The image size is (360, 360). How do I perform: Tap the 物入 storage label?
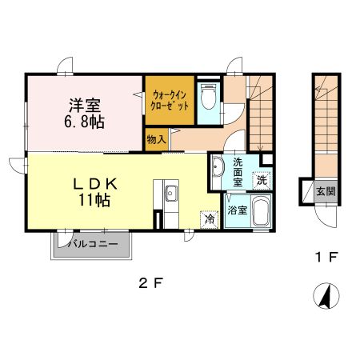pos(156,139)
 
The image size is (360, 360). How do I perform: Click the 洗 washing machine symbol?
pos(262,182)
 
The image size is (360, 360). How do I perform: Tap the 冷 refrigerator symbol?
pos(209,218)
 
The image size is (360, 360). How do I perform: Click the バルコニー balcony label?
pos(93,243)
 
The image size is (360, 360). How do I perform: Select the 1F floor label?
pos(322,258)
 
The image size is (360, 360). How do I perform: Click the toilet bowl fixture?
pos(208,99)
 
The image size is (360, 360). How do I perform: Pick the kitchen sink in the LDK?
pos(170,192)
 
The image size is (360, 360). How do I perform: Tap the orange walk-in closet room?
pos(169,102)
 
